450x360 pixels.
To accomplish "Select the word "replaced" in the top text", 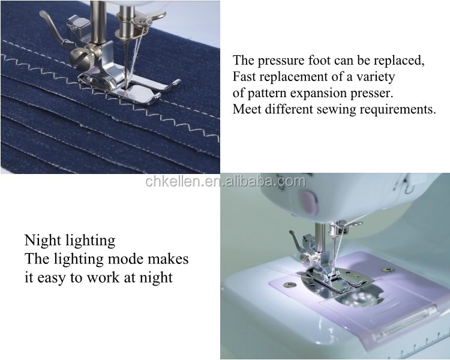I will [x=401, y=61].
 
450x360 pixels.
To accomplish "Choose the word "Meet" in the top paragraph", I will [x=247, y=110].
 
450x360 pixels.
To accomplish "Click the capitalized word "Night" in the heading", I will [x=43, y=241].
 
